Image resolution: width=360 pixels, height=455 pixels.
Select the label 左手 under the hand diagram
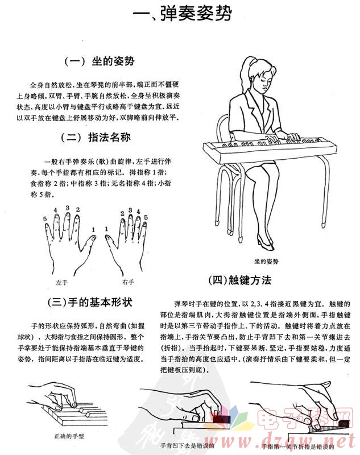click(62, 282)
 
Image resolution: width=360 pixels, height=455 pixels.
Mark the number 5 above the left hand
click(45, 218)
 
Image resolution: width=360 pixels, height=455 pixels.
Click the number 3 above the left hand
click(67, 208)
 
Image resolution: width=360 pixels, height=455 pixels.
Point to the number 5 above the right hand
click(146, 217)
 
